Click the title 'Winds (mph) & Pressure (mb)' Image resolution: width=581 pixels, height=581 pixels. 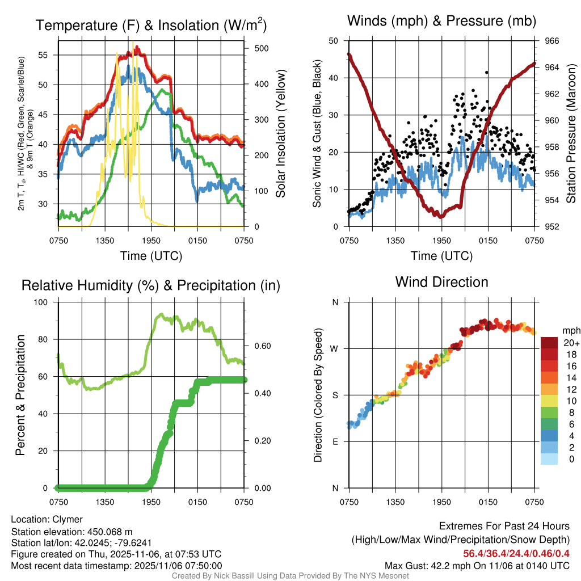pyautogui.click(x=441, y=21)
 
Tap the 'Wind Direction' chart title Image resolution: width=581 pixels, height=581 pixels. pyautogui.click(x=441, y=282)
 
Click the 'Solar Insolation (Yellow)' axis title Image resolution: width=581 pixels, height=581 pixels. pyautogui.click(x=280, y=133)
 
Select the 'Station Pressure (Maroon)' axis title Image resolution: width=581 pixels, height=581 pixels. pyautogui.click(x=571, y=133)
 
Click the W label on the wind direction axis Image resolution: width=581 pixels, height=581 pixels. pyautogui.click(x=335, y=348)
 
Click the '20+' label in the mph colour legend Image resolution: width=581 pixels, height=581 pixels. pyautogui.click(x=571, y=343)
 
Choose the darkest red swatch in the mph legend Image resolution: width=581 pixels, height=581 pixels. pyautogui.click(x=549, y=343)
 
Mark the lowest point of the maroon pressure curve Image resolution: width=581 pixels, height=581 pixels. pyautogui.click(x=441, y=216)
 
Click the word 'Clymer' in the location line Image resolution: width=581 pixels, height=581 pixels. pyautogui.click(x=68, y=519)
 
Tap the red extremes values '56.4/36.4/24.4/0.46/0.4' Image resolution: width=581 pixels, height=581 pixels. pyautogui.click(x=516, y=554)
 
